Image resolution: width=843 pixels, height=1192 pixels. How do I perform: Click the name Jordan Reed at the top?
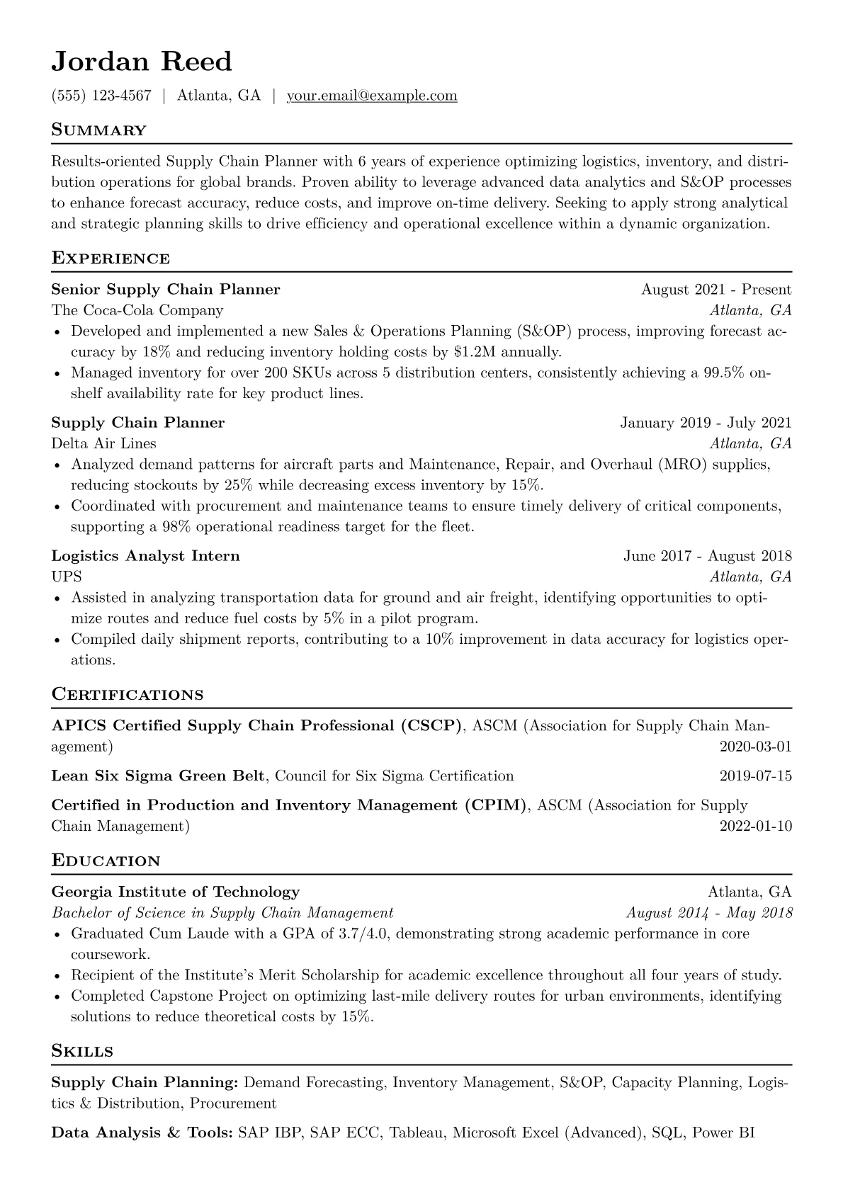(x=142, y=62)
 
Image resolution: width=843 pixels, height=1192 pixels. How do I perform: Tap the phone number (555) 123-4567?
(x=101, y=96)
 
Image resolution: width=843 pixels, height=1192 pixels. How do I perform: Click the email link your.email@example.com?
(x=372, y=96)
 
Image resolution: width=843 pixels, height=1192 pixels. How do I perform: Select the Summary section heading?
(x=99, y=130)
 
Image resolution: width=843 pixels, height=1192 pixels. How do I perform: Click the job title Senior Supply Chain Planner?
(x=166, y=289)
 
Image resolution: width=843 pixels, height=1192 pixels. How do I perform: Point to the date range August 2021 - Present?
(x=716, y=289)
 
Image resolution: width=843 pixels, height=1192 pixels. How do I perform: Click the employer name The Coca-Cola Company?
(x=137, y=310)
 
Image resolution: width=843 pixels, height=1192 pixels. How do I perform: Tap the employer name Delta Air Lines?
(x=104, y=443)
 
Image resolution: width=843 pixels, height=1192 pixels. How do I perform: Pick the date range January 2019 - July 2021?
(x=706, y=423)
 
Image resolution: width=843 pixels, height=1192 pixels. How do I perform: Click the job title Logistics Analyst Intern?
(x=145, y=556)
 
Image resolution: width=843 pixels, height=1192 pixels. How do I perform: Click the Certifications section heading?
(x=128, y=694)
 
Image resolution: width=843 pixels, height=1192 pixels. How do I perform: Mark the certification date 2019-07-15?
(x=755, y=776)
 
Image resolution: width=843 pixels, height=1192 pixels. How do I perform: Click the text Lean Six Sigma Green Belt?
(x=158, y=776)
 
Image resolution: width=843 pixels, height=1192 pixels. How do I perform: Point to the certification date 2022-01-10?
(x=755, y=826)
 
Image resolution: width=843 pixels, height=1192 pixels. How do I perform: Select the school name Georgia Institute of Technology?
(x=176, y=892)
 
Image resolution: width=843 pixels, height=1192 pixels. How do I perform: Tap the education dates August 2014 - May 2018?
(x=709, y=913)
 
